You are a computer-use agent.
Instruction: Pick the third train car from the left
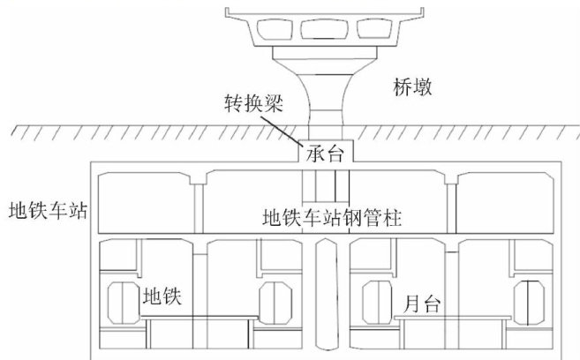coord(375,303)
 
